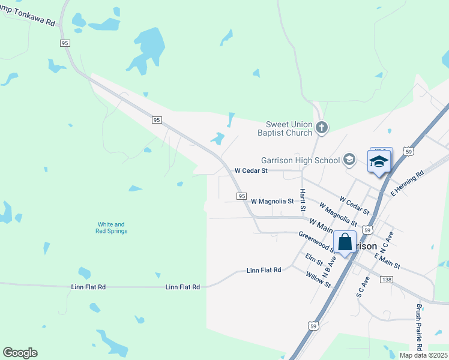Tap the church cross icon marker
pyautogui.click(x=322, y=127)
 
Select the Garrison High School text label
pyautogui.click(x=300, y=160)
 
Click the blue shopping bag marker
pyautogui.click(x=345, y=242)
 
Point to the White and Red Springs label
pyautogui.click(x=112, y=227)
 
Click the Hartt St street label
pyautogui.click(x=303, y=200)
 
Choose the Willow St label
pyautogui.click(x=318, y=280)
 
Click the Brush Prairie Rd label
pyautogui.click(x=419, y=328)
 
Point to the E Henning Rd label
pyautogui.click(x=408, y=182)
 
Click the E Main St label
pyautogui.click(x=387, y=261)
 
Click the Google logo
pyautogui.click(x=20, y=353)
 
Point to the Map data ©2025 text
pyautogui.click(x=424, y=355)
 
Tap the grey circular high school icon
pyautogui.click(x=349, y=160)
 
